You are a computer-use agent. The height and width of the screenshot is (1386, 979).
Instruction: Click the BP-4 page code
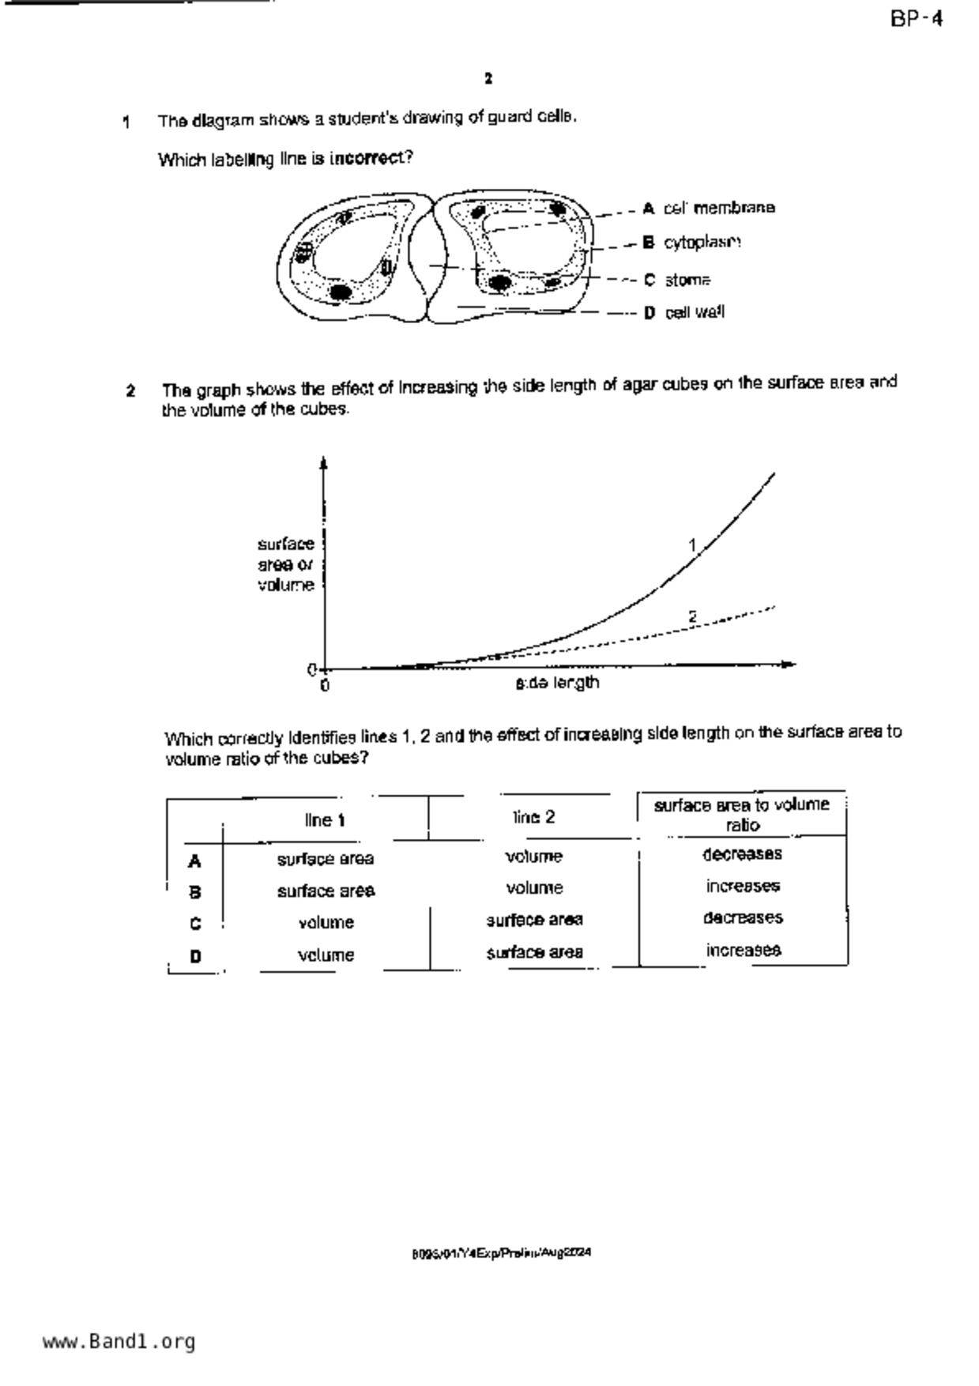917,19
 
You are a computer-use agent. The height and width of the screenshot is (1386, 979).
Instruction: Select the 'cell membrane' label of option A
719,208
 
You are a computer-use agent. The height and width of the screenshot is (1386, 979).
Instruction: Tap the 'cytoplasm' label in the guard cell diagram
702,243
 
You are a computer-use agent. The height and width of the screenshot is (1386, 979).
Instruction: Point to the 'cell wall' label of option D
695,313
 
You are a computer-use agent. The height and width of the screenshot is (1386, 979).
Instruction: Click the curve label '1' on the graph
692,545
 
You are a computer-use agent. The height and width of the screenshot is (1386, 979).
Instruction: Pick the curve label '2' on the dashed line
693,616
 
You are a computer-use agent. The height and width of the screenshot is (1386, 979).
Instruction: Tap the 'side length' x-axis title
557,683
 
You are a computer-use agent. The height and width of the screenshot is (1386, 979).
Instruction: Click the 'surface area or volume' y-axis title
286,564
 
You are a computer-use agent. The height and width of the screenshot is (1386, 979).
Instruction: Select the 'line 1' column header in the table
325,820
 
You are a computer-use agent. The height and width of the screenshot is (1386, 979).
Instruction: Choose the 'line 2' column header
534,817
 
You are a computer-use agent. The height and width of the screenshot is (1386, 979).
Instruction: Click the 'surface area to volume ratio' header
741,815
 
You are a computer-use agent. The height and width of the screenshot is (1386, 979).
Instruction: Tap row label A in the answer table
194,861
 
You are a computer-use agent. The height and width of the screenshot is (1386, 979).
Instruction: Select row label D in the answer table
195,956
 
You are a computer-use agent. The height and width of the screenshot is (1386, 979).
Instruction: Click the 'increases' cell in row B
743,887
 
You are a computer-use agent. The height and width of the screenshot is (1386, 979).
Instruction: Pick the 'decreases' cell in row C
743,918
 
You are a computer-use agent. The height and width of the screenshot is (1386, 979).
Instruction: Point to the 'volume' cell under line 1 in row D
326,955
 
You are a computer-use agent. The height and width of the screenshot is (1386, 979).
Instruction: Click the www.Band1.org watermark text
119,1342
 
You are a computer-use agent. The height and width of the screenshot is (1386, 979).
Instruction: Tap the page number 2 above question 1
488,79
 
